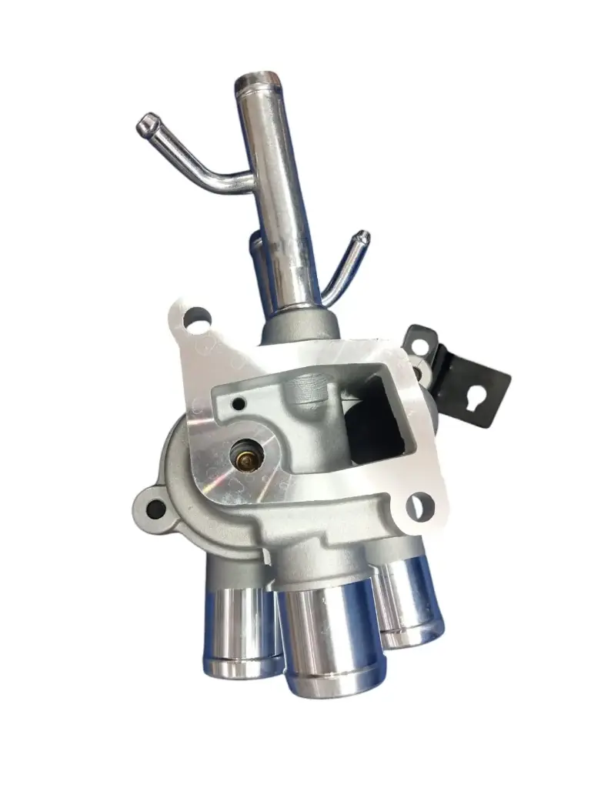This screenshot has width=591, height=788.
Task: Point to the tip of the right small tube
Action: tap(362, 236)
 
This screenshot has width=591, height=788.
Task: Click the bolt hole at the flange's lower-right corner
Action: tap(419, 506)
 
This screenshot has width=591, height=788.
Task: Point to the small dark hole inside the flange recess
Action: tap(239, 404)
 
